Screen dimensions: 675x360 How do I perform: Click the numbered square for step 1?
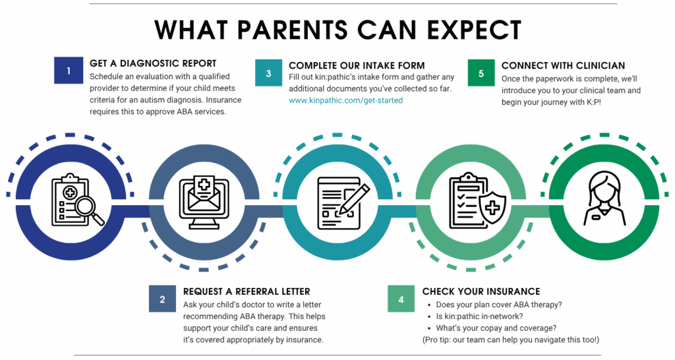point(69,70)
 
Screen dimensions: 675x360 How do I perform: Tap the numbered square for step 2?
point(162,299)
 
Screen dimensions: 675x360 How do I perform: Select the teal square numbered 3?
point(269,73)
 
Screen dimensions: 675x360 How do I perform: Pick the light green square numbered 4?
point(401,299)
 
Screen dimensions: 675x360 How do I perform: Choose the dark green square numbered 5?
point(481,73)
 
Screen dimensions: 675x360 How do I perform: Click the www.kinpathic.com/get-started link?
point(345,100)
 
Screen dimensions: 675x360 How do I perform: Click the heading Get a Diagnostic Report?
point(153,63)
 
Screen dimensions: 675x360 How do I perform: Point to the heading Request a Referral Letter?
point(247,291)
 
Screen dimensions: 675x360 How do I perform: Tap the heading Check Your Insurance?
point(481,291)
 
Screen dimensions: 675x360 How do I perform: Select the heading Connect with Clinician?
point(563,65)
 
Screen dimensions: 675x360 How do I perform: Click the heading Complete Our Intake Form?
point(357,65)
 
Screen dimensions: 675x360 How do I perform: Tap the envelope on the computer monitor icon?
point(204,197)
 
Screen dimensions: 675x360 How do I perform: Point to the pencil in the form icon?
point(354,199)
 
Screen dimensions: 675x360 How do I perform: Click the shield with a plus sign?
point(492,208)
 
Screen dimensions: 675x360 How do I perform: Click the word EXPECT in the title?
point(473,30)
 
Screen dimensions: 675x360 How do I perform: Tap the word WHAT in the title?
point(191,30)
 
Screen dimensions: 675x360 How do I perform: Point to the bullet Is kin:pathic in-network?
point(480,316)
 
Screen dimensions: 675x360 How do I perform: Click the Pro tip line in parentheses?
point(511,340)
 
